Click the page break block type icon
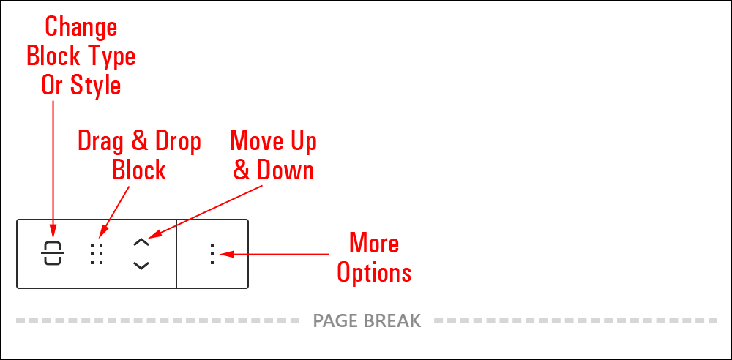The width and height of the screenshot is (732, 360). coord(52,254)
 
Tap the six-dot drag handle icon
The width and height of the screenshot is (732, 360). coord(97,254)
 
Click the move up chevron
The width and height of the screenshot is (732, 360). coord(141,242)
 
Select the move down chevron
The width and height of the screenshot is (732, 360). coord(141,266)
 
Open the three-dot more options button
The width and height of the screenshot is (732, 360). coord(212,254)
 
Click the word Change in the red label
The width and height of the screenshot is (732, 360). coord(81,28)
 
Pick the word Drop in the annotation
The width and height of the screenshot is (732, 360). coord(178,140)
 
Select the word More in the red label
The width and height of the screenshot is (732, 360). coord(374,243)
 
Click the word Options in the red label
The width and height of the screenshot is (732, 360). coord(374,273)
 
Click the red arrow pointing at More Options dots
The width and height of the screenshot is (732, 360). coord(274,255)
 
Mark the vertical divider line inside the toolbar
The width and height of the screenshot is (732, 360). coord(176,254)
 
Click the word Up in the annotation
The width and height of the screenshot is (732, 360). coord(305,141)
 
